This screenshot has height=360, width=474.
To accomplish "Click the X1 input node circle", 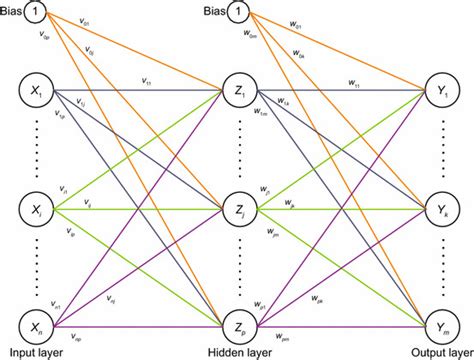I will click(35, 93).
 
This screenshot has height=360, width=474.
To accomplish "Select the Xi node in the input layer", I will click(35, 210).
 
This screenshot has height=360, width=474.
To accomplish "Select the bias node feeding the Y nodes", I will click(240, 12).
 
